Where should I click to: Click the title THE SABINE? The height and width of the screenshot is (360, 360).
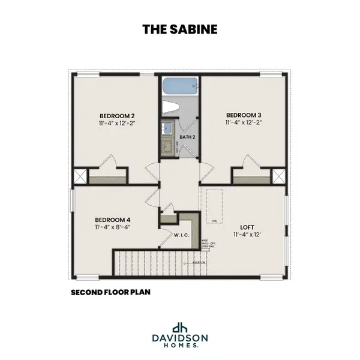179,28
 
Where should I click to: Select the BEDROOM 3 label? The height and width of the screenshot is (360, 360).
244,115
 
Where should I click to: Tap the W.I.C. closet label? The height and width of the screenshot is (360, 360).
182,235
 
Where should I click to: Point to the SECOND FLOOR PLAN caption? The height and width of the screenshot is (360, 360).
110,293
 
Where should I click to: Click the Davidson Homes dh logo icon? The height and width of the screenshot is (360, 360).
180,328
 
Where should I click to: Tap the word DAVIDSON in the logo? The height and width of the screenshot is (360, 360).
180,338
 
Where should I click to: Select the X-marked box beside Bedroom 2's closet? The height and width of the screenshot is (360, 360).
79,176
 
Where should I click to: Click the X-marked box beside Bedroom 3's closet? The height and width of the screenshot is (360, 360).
278,176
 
